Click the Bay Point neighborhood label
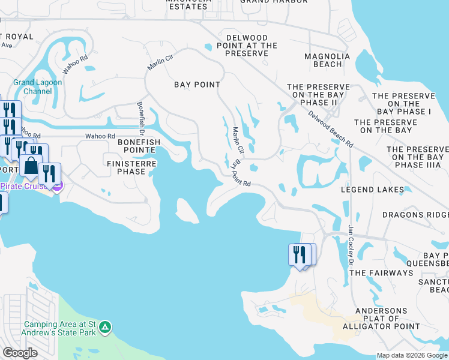click(197, 85)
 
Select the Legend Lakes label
click(369, 190)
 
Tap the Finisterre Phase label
click(131, 167)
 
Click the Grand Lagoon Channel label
click(32, 87)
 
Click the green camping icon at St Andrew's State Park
click(105, 327)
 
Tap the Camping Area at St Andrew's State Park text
click(60, 327)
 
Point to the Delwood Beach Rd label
click(330, 129)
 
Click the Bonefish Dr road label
click(142, 115)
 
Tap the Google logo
click(20, 353)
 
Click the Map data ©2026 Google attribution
click(412, 355)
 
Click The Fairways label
click(381, 273)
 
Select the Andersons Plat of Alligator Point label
click(381, 319)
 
